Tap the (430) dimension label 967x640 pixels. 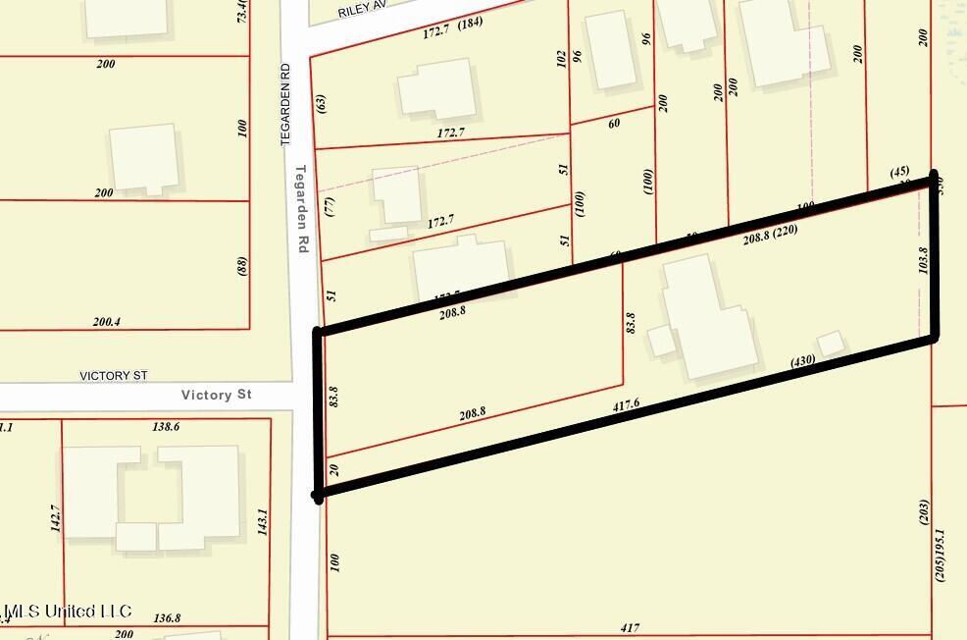803,362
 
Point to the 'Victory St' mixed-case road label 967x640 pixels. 217,395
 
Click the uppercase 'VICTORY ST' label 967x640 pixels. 114,376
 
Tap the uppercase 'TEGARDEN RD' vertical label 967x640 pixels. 285,106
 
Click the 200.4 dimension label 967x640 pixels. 113,321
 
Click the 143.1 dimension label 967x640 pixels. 262,521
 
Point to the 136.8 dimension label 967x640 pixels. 168,618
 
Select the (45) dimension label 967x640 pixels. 899,172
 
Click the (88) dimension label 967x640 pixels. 242,266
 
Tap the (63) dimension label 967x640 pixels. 321,102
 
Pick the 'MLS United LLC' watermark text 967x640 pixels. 67,612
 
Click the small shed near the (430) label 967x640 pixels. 831,344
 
